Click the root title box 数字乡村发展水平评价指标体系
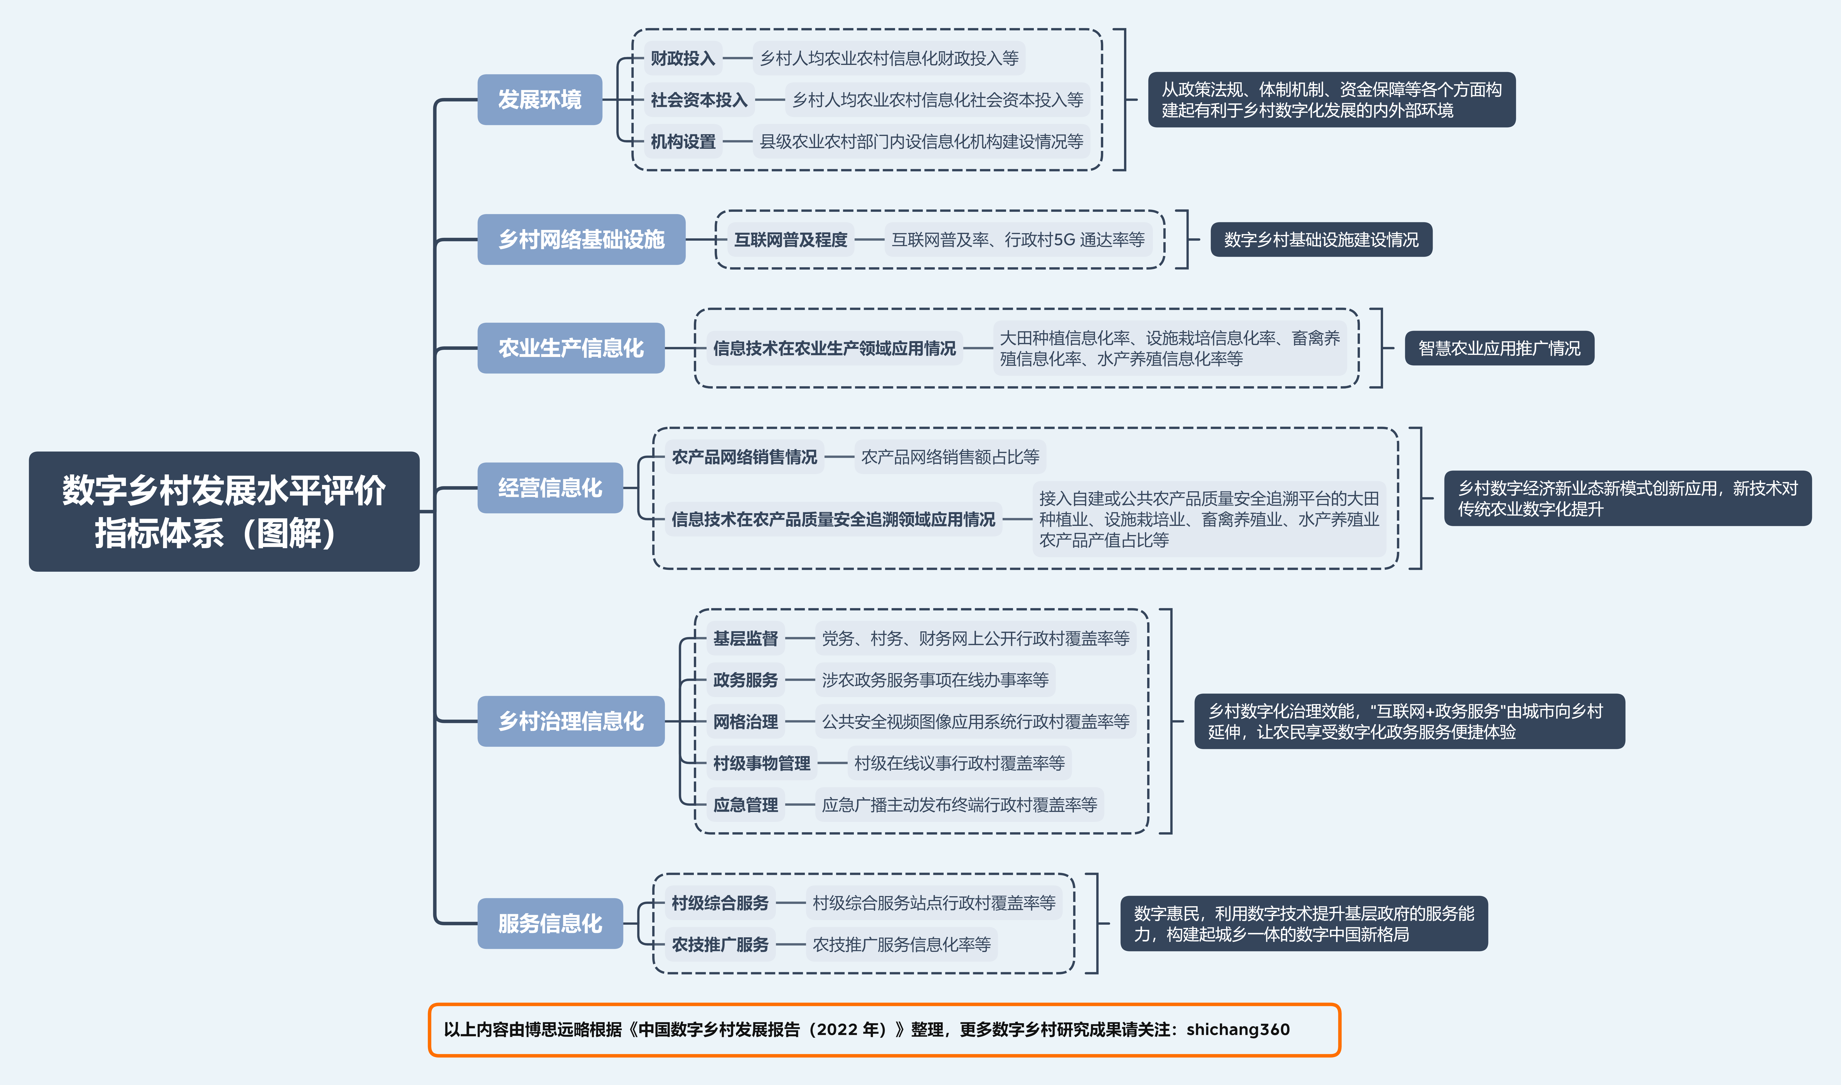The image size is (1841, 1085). tap(224, 511)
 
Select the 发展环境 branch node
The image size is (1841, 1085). tap(540, 99)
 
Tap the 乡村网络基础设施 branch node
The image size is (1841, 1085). tap(582, 239)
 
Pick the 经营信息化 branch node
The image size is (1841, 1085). tap(550, 488)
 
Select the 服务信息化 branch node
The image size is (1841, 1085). tap(550, 923)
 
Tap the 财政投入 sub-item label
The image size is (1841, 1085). tap(682, 58)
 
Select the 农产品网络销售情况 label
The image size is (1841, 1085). tap(745, 457)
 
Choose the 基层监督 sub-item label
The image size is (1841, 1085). tap(745, 638)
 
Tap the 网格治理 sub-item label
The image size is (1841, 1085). tap(745, 722)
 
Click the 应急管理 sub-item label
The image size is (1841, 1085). tap(745, 805)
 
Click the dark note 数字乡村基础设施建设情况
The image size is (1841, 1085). tap(1321, 240)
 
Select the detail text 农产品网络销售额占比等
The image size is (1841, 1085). tap(950, 457)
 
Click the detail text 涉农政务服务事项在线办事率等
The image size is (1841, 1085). tap(935, 680)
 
